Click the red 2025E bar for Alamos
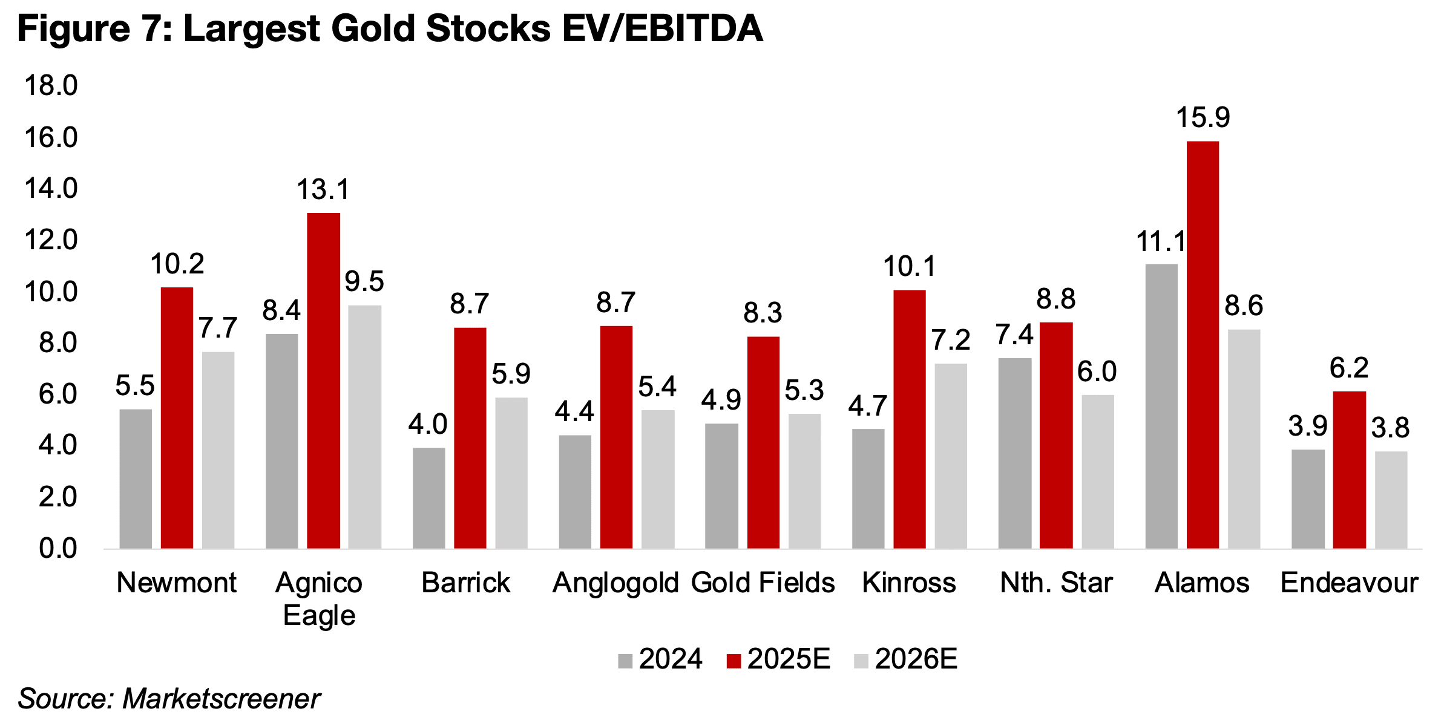[1203, 345]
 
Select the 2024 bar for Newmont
[136, 479]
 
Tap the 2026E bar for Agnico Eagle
[365, 427]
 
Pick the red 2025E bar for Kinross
[910, 419]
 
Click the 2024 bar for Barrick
[428, 499]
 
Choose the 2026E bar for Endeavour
[1391, 500]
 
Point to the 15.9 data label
[1203, 117]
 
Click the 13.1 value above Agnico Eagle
[323, 190]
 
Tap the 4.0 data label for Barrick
[427, 425]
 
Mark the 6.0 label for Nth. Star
[1097, 371]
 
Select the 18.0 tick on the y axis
[51, 86]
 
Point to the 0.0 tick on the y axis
[58, 549]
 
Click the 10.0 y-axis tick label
[51, 292]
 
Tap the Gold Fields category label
[763, 583]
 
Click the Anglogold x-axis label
[615, 583]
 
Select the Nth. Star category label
[1056, 583]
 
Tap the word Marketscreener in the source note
[221, 699]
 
